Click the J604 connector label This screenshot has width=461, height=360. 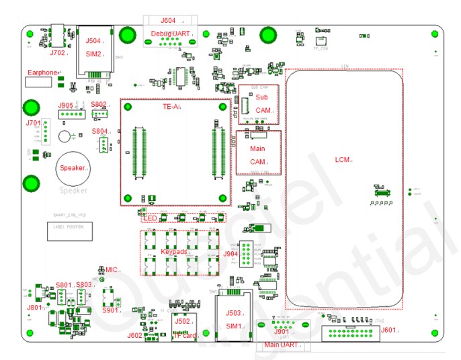pyautogui.click(x=168, y=20)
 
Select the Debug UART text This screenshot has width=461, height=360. pyautogui.click(x=171, y=33)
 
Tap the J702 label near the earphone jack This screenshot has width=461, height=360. pyautogui.click(x=58, y=52)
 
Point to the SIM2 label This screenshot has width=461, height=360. pyautogui.click(x=93, y=53)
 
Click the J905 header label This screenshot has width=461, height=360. pyautogui.click(x=65, y=105)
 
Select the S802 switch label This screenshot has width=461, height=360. pyautogui.click(x=99, y=104)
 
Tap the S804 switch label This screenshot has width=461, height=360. pyautogui.click(x=99, y=131)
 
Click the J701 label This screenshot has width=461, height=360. pyautogui.click(x=33, y=123)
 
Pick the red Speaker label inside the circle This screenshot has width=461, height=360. pyautogui.click(x=73, y=168)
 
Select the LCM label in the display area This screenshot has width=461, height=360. pyautogui.click(x=343, y=160)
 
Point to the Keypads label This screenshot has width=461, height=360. pyautogui.click(x=173, y=251)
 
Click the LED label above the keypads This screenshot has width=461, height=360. pyautogui.click(x=149, y=217)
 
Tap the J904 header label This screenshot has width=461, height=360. pyautogui.click(x=230, y=253)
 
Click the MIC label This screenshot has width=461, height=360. pyautogui.click(x=111, y=269)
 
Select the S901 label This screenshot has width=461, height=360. pyautogui.click(x=110, y=310)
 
